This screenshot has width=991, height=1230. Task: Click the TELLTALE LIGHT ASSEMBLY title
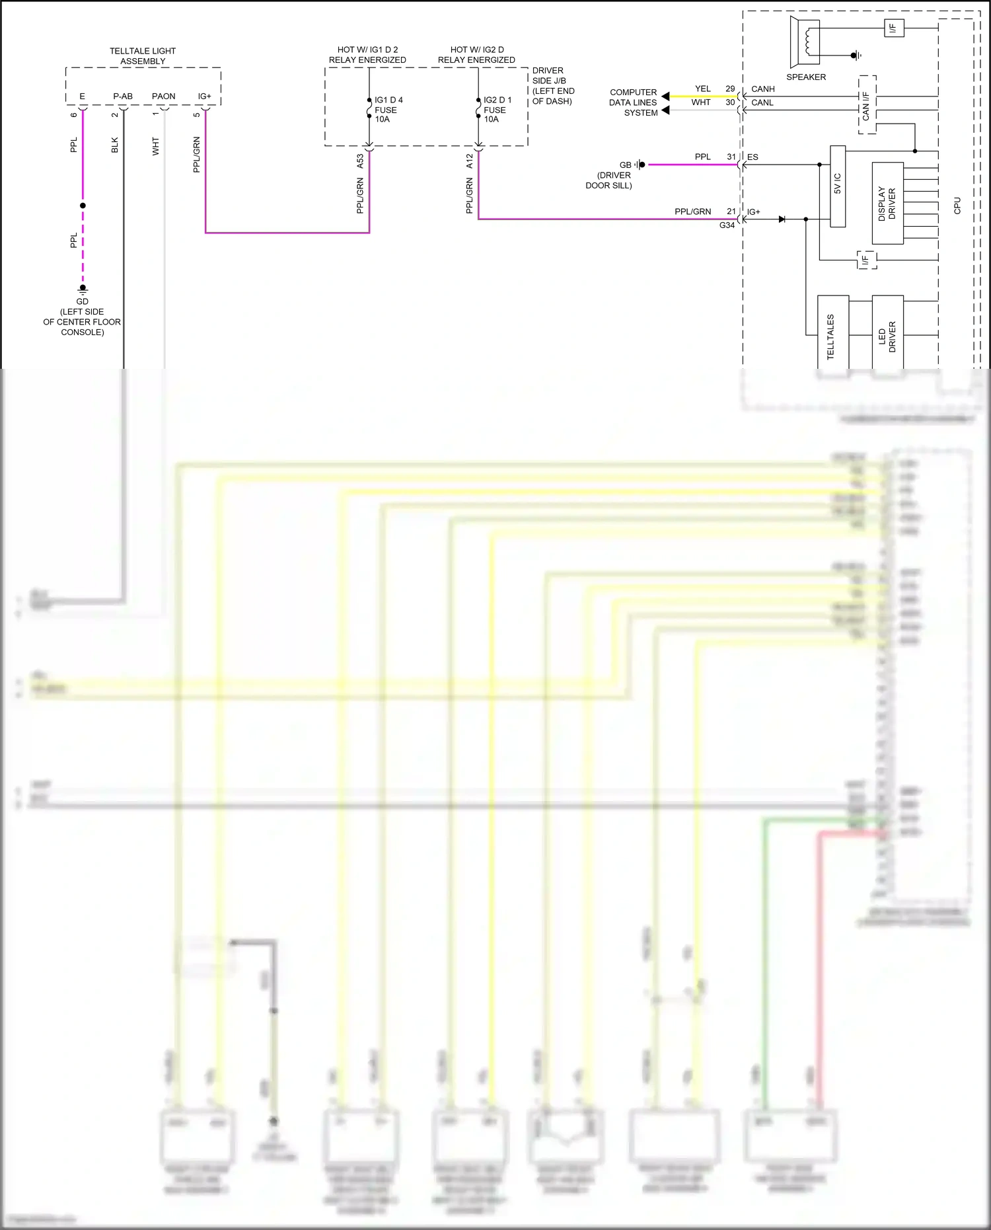pos(143,56)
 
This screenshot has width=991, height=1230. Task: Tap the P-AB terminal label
pos(123,96)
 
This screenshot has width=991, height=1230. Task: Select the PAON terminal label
pos(164,96)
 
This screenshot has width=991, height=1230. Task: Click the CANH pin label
pos(762,89)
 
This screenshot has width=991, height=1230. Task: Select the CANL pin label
pos(762,103)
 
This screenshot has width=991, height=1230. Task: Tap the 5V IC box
pos(838,186)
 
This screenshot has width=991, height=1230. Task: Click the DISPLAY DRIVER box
pos(887,204)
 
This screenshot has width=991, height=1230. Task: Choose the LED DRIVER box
pos(887,334)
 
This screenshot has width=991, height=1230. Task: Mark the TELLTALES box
pos(832,334)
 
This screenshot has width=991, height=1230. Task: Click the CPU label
pos(957,206)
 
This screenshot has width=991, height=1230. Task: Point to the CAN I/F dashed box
pos(867,105)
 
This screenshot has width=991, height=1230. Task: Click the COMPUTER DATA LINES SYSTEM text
pos(633,102)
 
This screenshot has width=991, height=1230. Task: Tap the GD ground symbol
pos(83,289)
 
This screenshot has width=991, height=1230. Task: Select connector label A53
pos(360,161)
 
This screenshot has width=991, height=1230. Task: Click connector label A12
pos(469,161)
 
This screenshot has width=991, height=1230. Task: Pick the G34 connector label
pos(727,225)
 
